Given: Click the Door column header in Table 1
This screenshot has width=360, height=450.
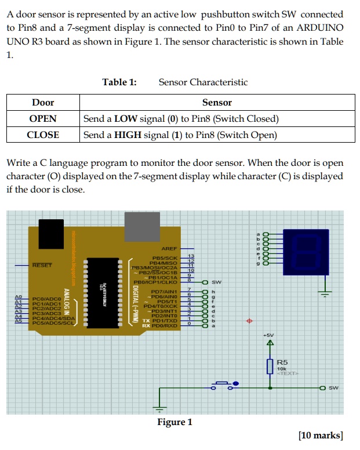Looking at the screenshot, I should [43, 103].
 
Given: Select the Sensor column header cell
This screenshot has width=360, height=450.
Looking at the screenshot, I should [217, 103].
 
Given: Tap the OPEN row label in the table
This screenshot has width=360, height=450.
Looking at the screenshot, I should [43, 119].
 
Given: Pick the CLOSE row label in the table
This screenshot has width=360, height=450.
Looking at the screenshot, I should [43, 135].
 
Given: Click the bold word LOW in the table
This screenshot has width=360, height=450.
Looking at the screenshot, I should [126, 119].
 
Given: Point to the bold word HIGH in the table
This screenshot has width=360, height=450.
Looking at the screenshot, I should [128, 135].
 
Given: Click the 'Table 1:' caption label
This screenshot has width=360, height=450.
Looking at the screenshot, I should [119, 82].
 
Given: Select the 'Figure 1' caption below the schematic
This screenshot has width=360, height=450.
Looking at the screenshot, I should [174, 422].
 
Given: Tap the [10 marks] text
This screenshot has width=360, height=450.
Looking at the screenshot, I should [320, 436].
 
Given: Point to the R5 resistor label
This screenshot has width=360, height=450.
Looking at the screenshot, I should [283, 361].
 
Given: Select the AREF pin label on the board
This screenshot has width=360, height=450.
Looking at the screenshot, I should [170, 248].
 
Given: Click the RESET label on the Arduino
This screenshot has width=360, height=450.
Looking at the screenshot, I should [42, 265].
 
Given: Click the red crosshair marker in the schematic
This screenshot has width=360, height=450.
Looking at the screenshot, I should [250, 320].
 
